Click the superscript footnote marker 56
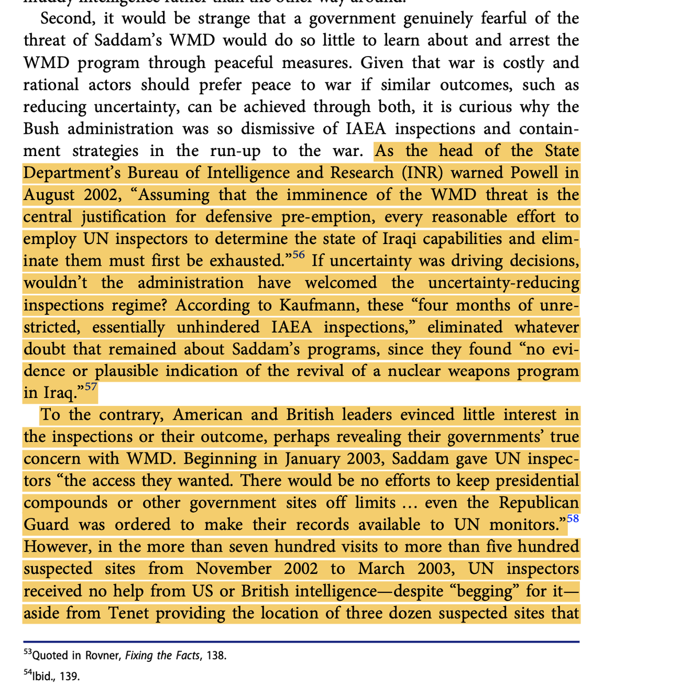click(299, 254)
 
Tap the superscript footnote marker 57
click(91, 386)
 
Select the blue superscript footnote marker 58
click(572, 518)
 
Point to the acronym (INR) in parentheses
click(423, 173)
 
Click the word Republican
click(539, 502)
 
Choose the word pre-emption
click(329, 217)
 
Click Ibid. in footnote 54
click(45, 676)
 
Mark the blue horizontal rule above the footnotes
click(301, 641)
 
